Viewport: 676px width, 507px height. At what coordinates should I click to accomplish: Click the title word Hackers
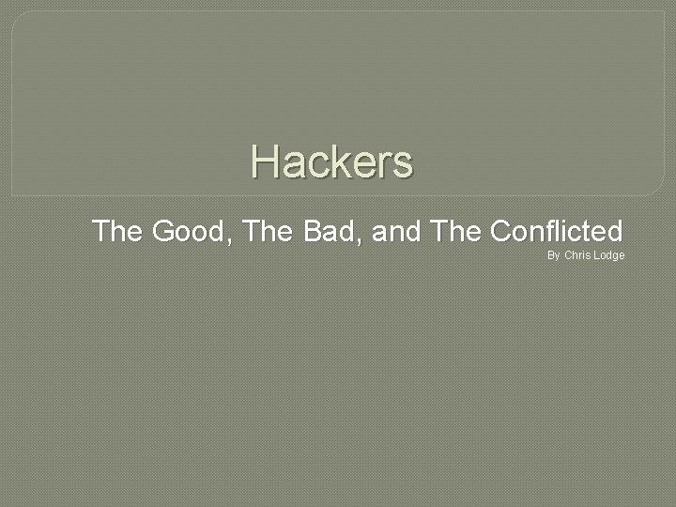point(331,161)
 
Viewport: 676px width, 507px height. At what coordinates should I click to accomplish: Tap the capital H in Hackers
point(264,161)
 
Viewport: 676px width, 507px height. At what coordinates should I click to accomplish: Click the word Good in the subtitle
point(191,231)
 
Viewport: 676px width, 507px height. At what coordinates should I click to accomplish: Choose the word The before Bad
point(268,231)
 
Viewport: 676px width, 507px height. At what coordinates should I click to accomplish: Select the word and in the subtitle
point(395,231)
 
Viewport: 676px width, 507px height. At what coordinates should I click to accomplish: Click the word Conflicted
point(556,231)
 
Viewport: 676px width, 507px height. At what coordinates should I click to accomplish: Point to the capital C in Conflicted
point(500,231)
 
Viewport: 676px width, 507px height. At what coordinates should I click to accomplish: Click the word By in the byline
point(554,255)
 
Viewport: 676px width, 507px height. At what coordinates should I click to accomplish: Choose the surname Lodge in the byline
point(608,255)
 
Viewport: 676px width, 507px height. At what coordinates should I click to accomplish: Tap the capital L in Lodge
point(596,255)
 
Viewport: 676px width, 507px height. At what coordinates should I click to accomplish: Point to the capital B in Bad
point(313,231)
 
